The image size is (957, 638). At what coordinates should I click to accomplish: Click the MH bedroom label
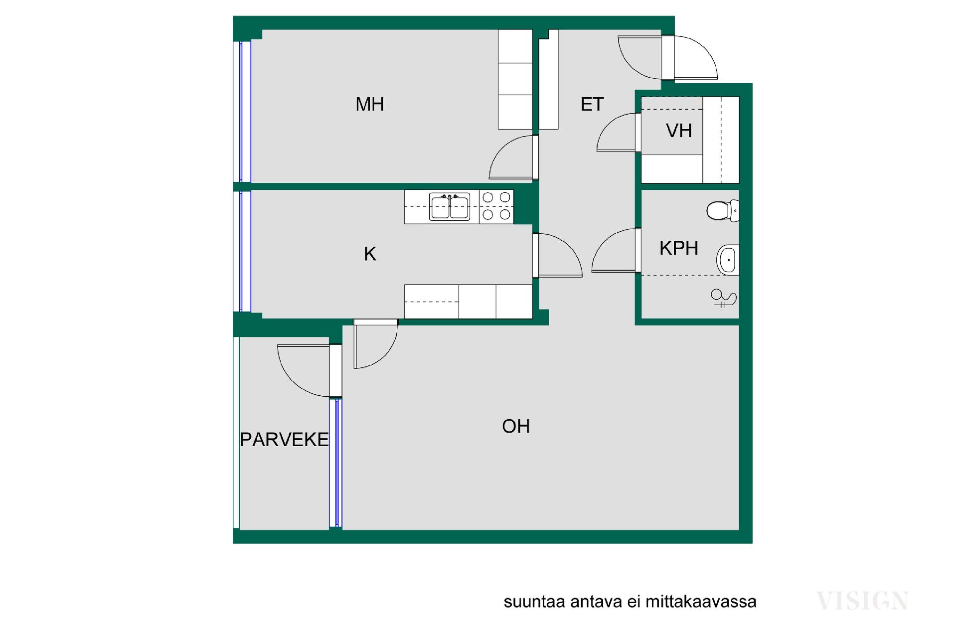click(369, 105)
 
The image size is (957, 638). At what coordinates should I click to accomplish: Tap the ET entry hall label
click(592, 105)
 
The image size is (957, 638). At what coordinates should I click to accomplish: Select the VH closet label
click(678, 131)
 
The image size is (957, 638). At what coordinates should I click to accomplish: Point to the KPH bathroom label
click(678, 248)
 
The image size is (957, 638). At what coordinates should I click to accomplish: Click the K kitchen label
click(369, 254)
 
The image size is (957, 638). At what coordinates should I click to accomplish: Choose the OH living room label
click(516, 427)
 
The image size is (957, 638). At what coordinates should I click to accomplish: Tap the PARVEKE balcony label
click(284, 440)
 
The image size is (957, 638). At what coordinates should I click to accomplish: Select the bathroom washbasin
click(728, 260)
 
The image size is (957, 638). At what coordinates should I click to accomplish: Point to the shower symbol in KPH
click(723, 298)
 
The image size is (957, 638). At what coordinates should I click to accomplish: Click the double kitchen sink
click(449, 207)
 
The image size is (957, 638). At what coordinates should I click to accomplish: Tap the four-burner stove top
click(496, 206)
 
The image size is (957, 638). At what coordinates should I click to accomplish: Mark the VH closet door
click(638, 133)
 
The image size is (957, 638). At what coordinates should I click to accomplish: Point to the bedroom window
click(242, 112)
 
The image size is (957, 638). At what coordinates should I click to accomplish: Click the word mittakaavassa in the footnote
click(701, 602)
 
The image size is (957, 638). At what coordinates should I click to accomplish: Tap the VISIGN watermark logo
click(862, 601)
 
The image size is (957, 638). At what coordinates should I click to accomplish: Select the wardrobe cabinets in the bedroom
click(515, 79)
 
